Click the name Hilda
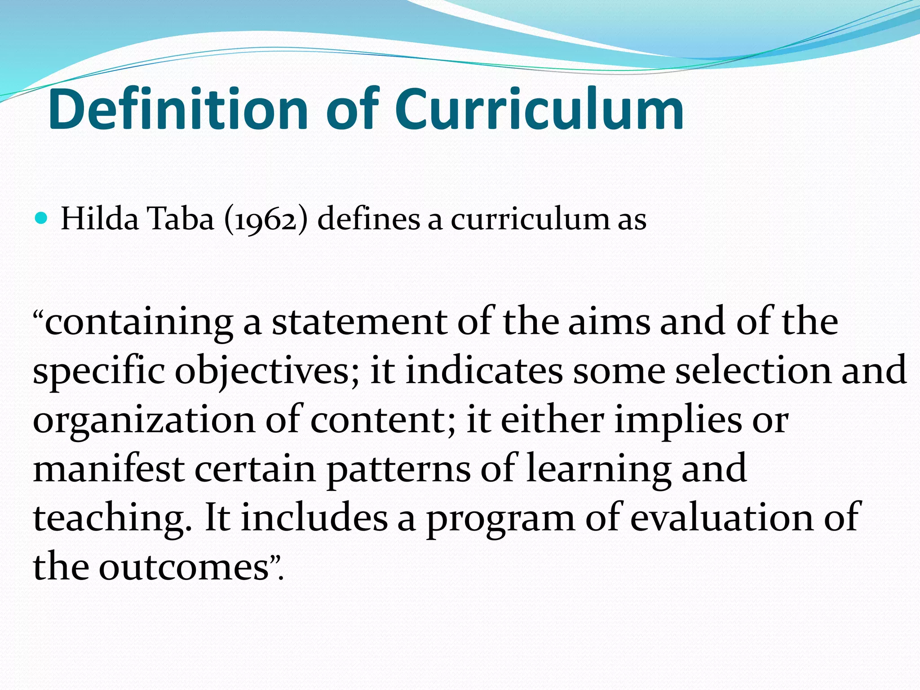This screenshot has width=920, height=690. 100,219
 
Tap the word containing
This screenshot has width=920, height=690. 139,323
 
